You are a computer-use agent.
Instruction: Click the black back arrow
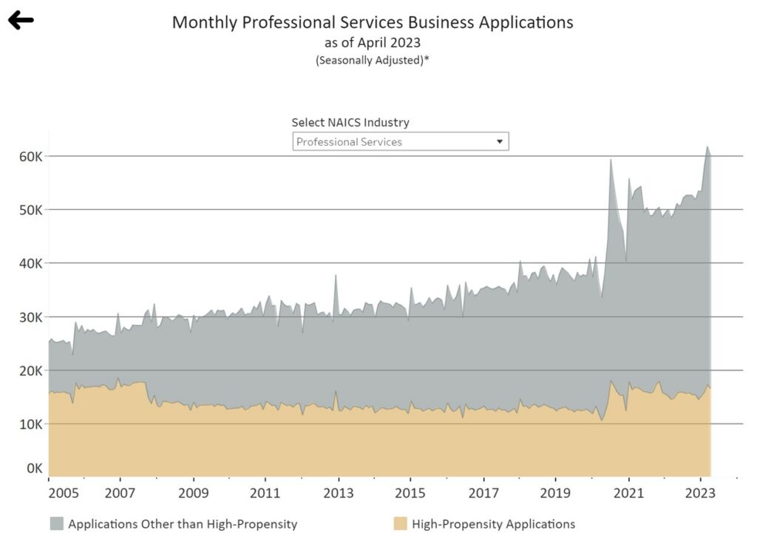click(21, 20)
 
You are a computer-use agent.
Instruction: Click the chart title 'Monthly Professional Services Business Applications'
click(373, 22)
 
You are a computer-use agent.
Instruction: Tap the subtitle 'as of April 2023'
click(373, 42)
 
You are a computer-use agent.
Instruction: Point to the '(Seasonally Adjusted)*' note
click(373, 61)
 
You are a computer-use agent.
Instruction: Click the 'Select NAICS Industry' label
click(350, 122)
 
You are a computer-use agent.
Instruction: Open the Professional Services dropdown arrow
click(500, 141)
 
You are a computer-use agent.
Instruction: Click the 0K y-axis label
click(33, 468)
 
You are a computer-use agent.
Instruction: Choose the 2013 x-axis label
click(338, 492)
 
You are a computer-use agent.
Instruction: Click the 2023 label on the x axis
click(701, 492)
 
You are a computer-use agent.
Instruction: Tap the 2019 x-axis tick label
click(555, 492)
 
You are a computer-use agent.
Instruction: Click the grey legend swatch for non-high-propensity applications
click(57, 524)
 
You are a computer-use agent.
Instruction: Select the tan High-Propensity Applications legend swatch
click(400, 524)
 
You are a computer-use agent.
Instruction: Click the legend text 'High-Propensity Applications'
click(493, 524)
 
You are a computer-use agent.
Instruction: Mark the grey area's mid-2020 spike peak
click(611, 160)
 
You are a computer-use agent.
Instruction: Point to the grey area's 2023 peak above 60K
click(707, 147)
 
